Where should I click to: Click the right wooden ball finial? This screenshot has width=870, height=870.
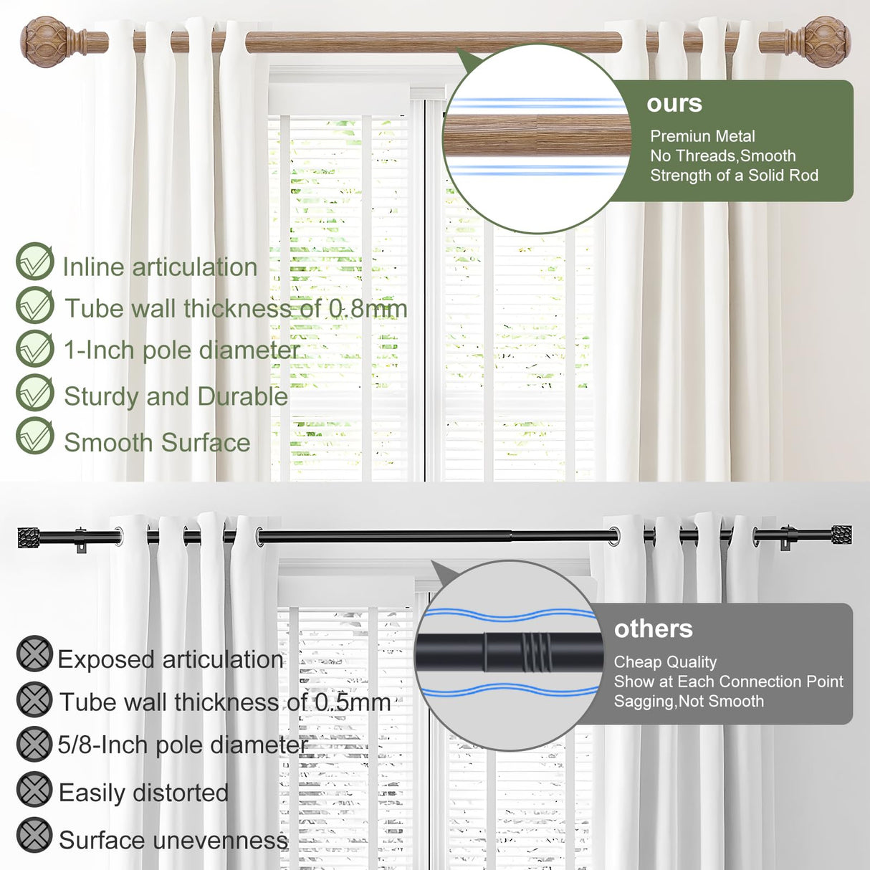pyautogui.click(x=826, y=42)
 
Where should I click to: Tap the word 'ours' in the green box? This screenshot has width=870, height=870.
pyautogui.click(x=674, y=103)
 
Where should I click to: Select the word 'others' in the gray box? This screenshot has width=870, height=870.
pyautogui.click(x=653, y=628)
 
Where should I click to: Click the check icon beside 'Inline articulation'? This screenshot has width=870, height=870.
pyautogui.click(x=35, y=262)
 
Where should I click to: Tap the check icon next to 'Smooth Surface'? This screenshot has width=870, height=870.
pyautogui.click(x=35, y=436)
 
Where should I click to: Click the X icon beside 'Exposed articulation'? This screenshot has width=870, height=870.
pyautogui.click(x=34, y=654)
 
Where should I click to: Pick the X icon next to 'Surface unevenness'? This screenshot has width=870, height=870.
pyautogui.click(x=34, y=836)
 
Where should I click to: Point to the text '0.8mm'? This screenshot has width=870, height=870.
pyautogui.click(x=368, y=309)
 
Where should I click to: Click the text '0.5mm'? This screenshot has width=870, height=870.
pyautogui.click(x=353, y=702)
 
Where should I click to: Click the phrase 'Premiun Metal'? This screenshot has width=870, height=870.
pyautogui.click(x=702, y=136)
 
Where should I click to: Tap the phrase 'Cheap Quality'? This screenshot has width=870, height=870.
pyautogui.click(x=665, y=662)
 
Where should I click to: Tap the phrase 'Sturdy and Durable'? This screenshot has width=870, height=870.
pyautogui.click(x=176, y=396)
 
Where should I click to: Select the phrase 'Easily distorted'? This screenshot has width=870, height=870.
pyautogui.click(x=143, y=793)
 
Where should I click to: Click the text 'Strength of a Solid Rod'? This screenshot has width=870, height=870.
pyautogui.click(x=734, y=176)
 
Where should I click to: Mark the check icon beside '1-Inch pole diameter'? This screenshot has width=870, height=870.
pyautogui.click(x=35, y=349)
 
